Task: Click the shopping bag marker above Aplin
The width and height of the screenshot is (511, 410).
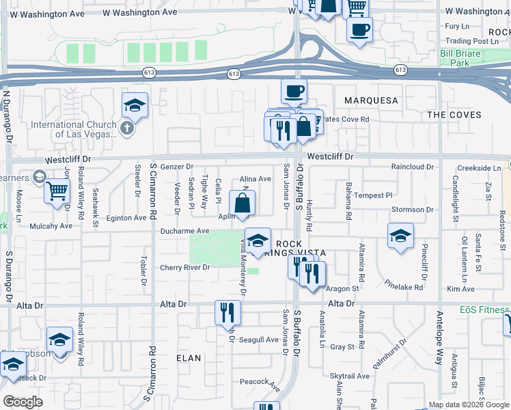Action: pyautogui.click(x=243, y=203)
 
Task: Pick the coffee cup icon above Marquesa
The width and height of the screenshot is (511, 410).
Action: pyautogui.click(x=294, y=90)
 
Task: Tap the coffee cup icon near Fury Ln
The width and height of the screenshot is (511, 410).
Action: pyautogui.click(x=359, y=29)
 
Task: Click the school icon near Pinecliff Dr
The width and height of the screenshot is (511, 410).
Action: pyautogui.click(x=400, y=236)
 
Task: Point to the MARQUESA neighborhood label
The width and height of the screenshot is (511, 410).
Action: pyautogui.click(x=371, y=100)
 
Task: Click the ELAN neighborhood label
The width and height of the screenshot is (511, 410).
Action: pyautogui.click(x=189, y=357)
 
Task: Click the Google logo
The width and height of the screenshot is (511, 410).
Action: pyautogui.click(x=23, y=401)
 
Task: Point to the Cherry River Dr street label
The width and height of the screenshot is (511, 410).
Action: pyautogui.click(x=184, y=267)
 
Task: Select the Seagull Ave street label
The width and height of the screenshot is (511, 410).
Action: pyautogui.click(x=258, y=340)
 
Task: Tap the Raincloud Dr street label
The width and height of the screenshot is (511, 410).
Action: pyautogui.click(x=413, y=167)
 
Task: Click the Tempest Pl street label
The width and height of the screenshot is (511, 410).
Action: pyautogui.click(x=373, y=195)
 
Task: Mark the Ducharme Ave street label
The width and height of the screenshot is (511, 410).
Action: pyautogui.click(x=184, y=231)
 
